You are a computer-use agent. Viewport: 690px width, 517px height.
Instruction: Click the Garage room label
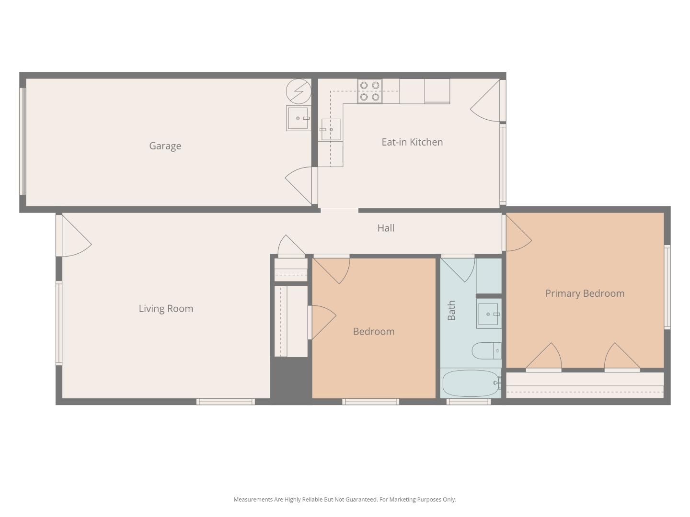[165, 146]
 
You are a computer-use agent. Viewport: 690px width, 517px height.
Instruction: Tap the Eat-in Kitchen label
[412, 142]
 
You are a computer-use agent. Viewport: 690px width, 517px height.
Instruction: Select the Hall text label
[386, 228]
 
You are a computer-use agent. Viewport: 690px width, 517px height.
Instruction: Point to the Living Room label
[166, 309]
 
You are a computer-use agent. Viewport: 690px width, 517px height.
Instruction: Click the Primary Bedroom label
[585, 293]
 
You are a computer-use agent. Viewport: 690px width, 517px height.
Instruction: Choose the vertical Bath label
[451, 311]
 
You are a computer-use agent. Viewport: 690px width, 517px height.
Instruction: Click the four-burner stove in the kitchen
[369, 91]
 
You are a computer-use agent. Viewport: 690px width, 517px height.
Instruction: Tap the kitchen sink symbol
[331, 130]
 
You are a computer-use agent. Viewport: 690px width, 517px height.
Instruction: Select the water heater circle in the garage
[299, 90]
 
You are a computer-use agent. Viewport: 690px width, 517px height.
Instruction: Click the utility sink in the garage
[298, 118]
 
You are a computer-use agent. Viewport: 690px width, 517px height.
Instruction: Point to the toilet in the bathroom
[486, 351]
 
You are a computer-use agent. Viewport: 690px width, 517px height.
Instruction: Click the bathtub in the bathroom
[471, 383]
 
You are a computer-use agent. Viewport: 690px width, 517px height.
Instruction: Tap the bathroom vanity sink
[488, 315]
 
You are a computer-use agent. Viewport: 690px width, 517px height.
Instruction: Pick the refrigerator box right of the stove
[437, 91]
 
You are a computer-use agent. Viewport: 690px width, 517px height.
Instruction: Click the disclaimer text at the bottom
[345, 499]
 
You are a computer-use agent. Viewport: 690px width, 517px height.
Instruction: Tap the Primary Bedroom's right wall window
[667, 287]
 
